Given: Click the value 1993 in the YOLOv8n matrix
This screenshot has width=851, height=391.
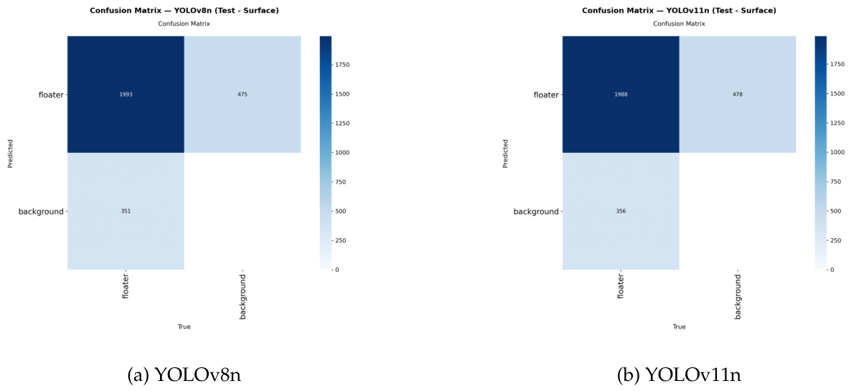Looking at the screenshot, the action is click(x=126, y=95).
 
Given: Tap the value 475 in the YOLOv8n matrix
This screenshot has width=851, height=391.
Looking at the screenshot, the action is click(x=243, y=95).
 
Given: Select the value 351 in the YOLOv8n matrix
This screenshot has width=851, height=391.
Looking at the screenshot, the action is click(x=126, y=211).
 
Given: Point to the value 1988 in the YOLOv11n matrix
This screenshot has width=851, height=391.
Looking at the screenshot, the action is click(x=621, y=95).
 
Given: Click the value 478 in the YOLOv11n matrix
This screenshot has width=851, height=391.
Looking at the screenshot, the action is click(x=738, y=95).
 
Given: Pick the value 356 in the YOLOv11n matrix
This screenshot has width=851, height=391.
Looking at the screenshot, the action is click(x=621, y=211).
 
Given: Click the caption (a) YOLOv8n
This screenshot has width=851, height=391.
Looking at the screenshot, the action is click(x=184, y=374).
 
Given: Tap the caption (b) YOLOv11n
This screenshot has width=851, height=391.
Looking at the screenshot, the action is click(x=679, y=374).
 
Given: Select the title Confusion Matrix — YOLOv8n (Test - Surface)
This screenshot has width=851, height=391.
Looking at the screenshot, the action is click(x=184, y=10).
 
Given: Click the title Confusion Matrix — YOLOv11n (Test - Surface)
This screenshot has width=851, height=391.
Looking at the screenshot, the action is click(x=679, y=10).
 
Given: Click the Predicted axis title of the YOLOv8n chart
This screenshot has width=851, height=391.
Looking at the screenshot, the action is click(x=11, y=152).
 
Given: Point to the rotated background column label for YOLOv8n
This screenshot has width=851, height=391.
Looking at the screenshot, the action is click(x=243, y=296).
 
